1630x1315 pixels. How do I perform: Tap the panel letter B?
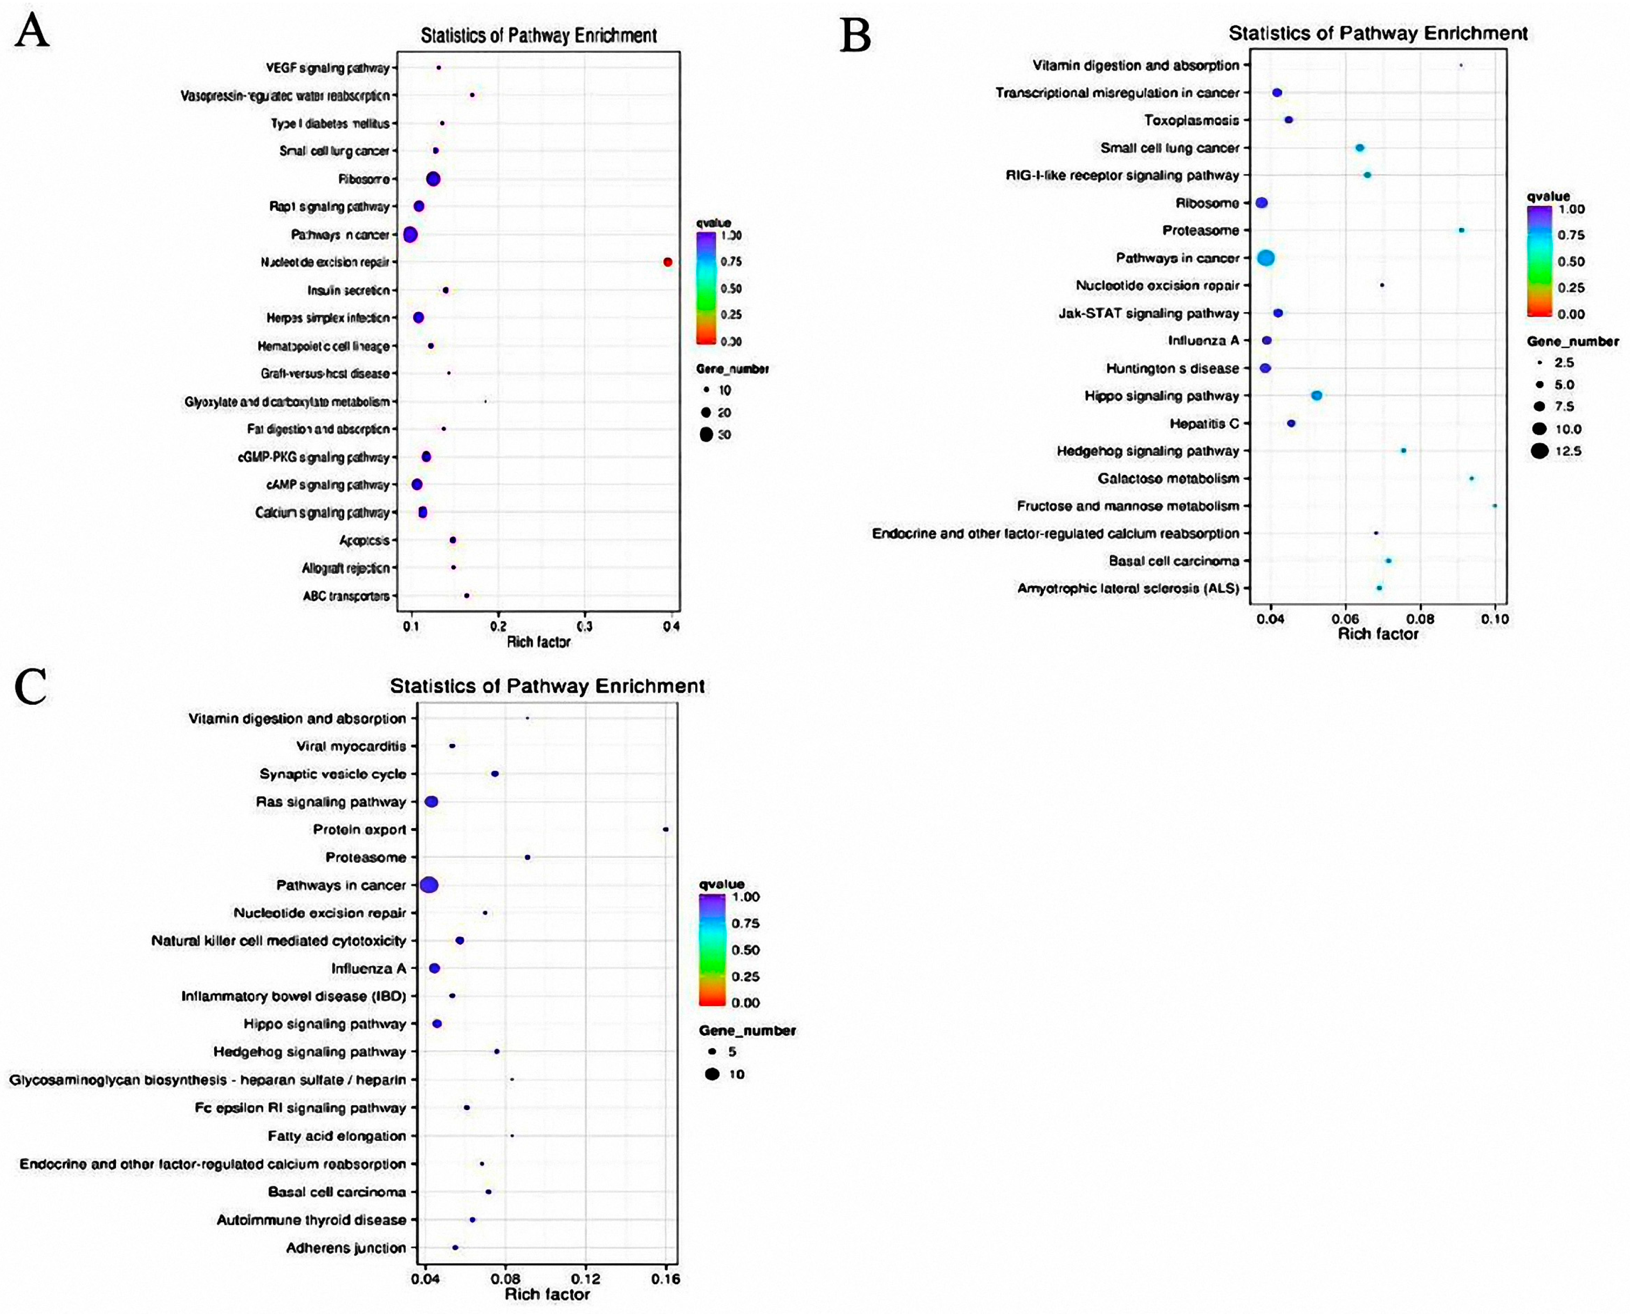855,36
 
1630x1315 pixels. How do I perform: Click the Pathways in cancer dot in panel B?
1265,258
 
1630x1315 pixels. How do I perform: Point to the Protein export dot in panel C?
666,829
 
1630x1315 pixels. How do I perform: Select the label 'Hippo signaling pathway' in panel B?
1162,396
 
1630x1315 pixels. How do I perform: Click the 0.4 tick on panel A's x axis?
670,627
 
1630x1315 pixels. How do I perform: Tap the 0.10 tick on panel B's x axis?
1495,619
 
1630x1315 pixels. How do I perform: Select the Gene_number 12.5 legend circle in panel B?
1538,451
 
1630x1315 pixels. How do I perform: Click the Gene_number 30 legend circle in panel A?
706,435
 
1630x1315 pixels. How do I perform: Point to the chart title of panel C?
547,686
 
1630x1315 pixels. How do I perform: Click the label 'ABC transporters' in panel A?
346,596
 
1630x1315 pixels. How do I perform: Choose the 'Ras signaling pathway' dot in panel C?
431,801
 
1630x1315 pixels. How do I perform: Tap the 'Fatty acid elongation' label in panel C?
337,1136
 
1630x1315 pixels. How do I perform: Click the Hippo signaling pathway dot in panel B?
1316,395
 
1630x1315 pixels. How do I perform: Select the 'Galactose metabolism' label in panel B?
1168,479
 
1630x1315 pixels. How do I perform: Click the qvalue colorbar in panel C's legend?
713,949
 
